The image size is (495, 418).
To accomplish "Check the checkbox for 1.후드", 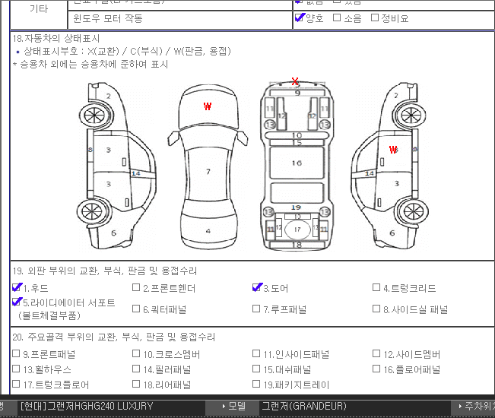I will pyautogui.click(x=17, y=288).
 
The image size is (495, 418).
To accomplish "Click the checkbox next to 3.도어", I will pyautogui.click(x=257, y=288).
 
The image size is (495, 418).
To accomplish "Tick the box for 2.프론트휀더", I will pyautogui.click(x=136, y=288).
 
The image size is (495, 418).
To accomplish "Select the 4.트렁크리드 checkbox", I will pyautogui.click(x=376, y=288).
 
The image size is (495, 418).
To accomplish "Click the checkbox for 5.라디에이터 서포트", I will pyautogui.click(x=17, y=302).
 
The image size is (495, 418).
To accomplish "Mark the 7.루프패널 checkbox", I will pyautogui.click(x=257, y=309).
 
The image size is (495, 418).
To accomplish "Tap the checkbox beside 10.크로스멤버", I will pyautogui.click(x=136, y=354).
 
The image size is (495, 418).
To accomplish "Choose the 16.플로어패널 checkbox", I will pyautogui.click(x=376, y=369).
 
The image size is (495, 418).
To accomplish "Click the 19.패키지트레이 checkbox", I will pyautogui.click(x=257, y=385).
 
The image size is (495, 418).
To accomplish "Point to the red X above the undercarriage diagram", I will pyautogui.click(x=295, y=81).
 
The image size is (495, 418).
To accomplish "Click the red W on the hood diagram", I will pyautogui.click(x=208, y=107).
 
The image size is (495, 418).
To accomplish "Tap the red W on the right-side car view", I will pyautogui.click(x=393, y=150).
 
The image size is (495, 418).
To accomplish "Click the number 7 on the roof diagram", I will pyautogui.click(x=208, y=172).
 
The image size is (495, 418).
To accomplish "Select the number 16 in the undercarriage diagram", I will pyautogui.click(x=297, y=163).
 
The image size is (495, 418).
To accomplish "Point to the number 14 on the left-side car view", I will pyautogui.click(x=136, y=173).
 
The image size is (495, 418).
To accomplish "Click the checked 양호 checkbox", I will pyautogui.click(x=300, y=17).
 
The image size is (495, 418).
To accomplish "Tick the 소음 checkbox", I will pyautogui.click(x=337, y=17).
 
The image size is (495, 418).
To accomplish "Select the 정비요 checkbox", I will pyautogui.click(x=374, y=17).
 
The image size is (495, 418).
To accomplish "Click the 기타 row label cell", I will pyautogui.click(x=38, y=9).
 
